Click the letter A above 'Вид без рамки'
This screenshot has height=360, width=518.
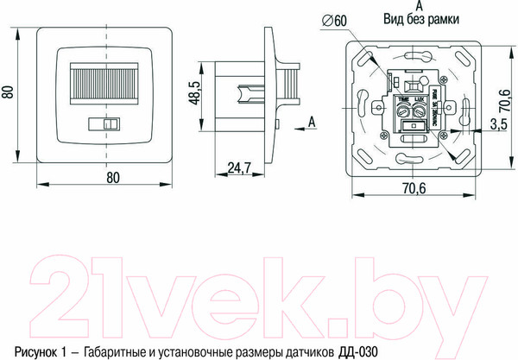(x=407, y=5)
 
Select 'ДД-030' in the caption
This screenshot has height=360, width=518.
(x=359, y=351)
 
